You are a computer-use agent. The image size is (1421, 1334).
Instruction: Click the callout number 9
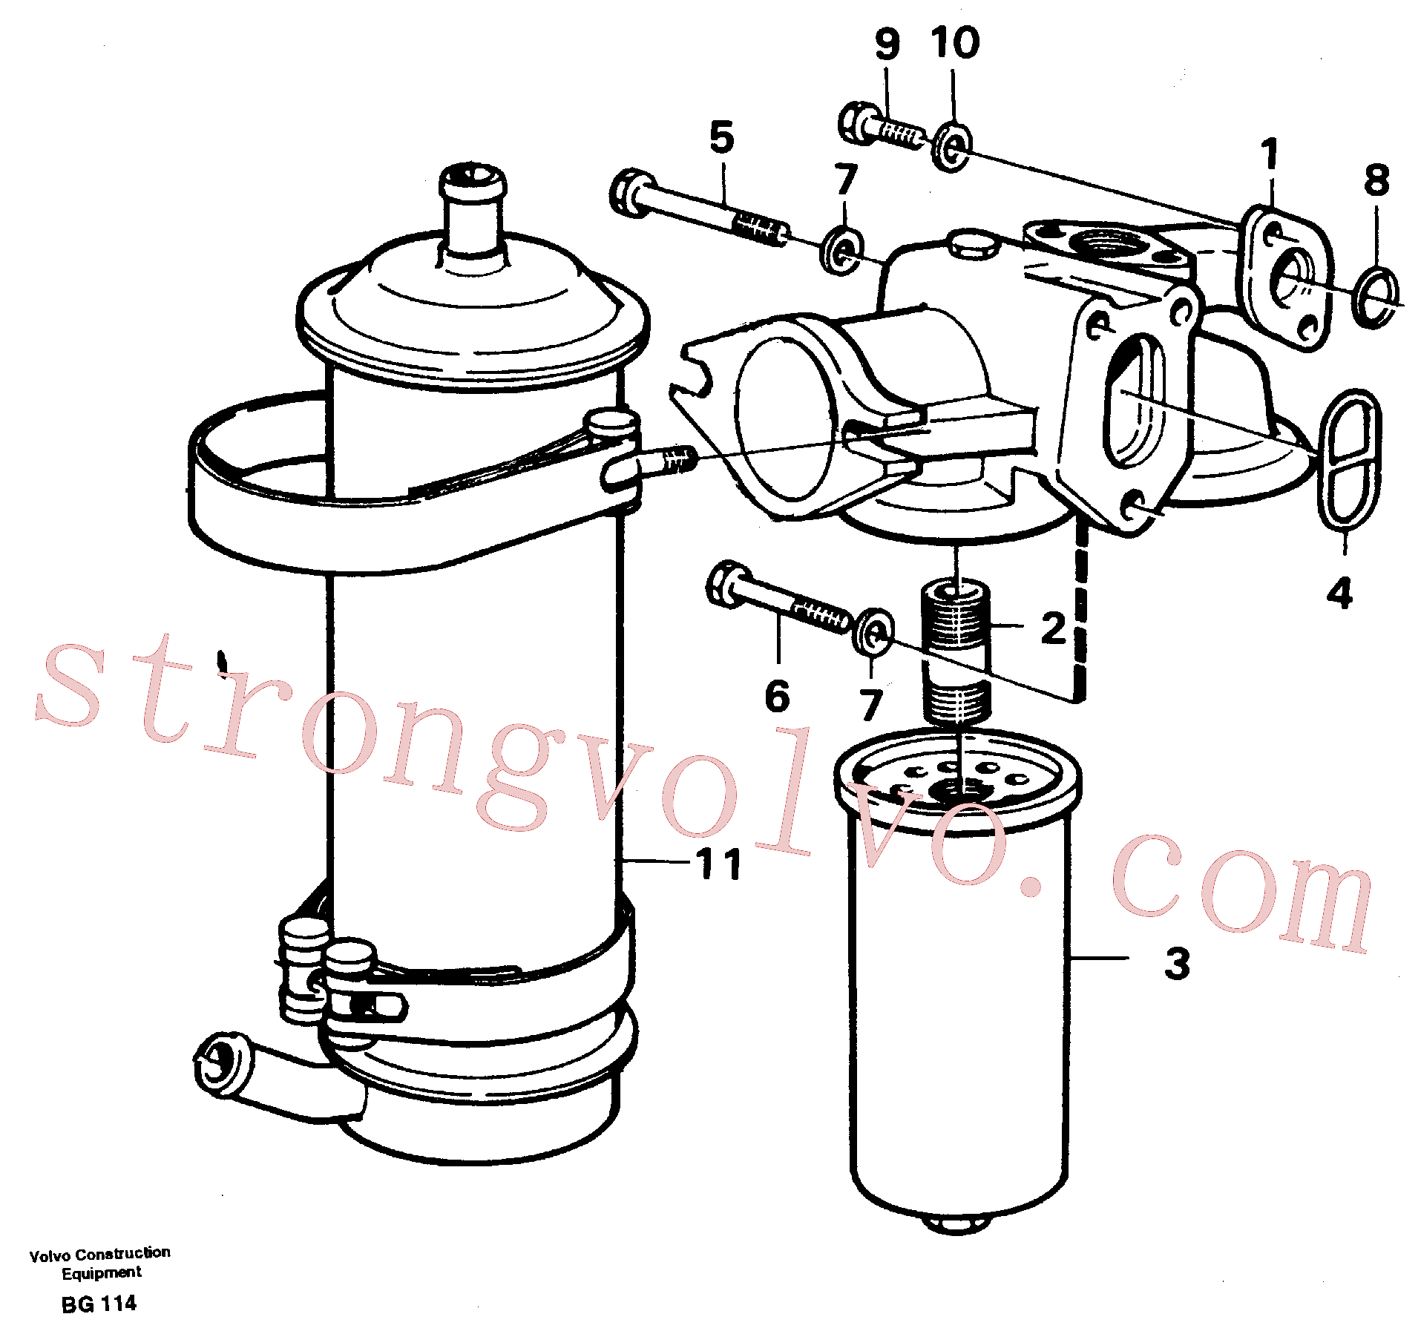(887, 44)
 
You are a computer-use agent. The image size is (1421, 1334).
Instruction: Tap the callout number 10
(955, 42)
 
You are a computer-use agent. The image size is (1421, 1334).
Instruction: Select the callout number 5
(721, 137)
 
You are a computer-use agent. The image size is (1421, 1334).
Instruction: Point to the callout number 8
(1376, 180)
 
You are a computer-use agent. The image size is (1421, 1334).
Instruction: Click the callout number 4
(1339, 594)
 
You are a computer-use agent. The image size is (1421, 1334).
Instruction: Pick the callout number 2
(1054, 628)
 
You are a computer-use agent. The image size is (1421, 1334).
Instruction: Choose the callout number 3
(1177, 964)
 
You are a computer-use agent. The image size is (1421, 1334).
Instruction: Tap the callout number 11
(719, 864)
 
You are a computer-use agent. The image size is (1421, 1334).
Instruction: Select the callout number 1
(1270, 154)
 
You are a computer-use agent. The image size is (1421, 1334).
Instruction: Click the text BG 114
(99, 1304)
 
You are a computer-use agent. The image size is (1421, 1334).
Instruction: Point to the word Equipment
(102, 1273)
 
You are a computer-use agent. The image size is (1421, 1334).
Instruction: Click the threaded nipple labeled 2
(956, 653)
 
